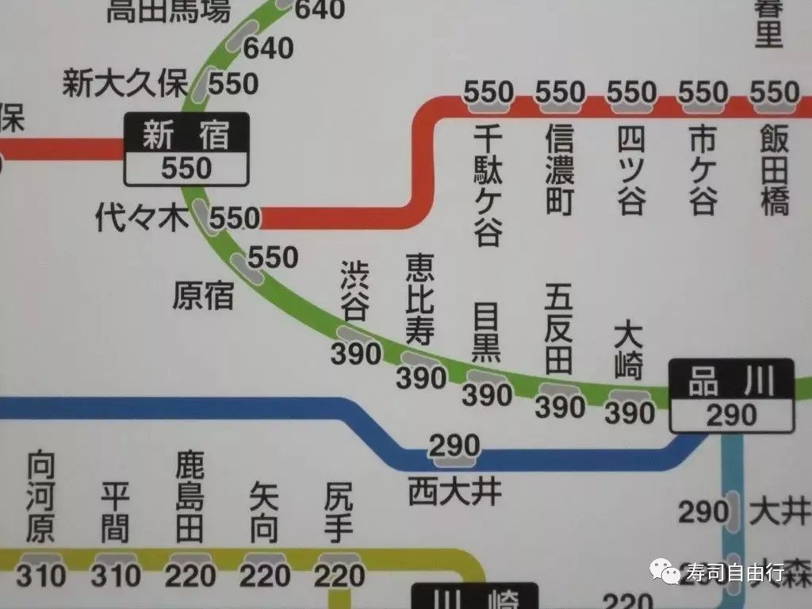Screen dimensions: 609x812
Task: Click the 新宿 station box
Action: pos(186,149)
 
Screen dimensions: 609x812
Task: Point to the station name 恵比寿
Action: pos(419,299)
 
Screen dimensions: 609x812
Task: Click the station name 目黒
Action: pos(486,331)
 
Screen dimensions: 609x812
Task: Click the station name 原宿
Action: pos(203,296)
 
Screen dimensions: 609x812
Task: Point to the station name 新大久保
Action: pos(124,83)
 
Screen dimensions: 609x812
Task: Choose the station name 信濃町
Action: pos(559,170)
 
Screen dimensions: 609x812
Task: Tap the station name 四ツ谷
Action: pos(631,170)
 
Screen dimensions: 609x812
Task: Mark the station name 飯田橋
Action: pos(774,170)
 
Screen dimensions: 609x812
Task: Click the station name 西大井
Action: pos(455,492)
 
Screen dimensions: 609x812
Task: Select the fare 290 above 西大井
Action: pos(455,445)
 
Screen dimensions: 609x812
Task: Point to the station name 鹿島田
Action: pos(190,497)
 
